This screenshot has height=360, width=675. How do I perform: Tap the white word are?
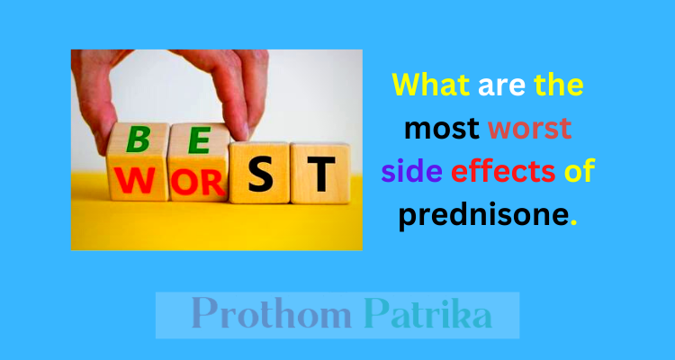point(501,87)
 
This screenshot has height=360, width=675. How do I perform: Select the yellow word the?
point(559,85)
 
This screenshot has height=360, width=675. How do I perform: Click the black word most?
point(442,130)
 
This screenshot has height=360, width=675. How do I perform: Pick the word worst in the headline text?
point(530,130)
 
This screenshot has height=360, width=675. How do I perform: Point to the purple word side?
point(412,170)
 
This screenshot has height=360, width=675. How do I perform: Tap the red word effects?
point(503,170)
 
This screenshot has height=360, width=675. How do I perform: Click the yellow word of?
point(580,170)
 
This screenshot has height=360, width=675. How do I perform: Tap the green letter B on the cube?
point(138,140)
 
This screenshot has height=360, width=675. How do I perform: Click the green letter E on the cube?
point(199,140)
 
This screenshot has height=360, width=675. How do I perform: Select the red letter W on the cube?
point(134,180)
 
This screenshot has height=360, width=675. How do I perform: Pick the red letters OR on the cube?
point(198,183)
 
